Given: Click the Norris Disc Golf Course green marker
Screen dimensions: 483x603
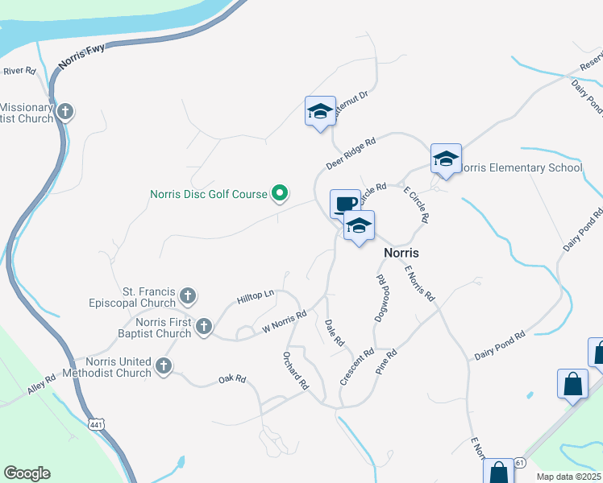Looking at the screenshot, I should [280, 193].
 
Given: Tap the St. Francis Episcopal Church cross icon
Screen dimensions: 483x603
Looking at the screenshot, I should [187, 296].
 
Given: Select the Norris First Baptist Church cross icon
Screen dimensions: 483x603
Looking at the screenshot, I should [204, 327].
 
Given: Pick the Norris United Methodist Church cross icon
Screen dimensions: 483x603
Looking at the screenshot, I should [164, 366].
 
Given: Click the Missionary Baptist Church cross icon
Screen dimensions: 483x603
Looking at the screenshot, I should [65, 111].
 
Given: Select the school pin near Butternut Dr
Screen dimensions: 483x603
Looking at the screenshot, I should [319, 111].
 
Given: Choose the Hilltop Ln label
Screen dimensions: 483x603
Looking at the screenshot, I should [256, 298].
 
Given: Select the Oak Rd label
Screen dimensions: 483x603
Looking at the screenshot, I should [232, 378].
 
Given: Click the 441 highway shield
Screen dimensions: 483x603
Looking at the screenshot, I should [96, 423].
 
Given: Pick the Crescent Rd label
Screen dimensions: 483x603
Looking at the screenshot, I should [356, 365].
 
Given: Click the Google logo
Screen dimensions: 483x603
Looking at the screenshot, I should [27, 473].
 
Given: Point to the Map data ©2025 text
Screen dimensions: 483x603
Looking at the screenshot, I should [569, 477].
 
